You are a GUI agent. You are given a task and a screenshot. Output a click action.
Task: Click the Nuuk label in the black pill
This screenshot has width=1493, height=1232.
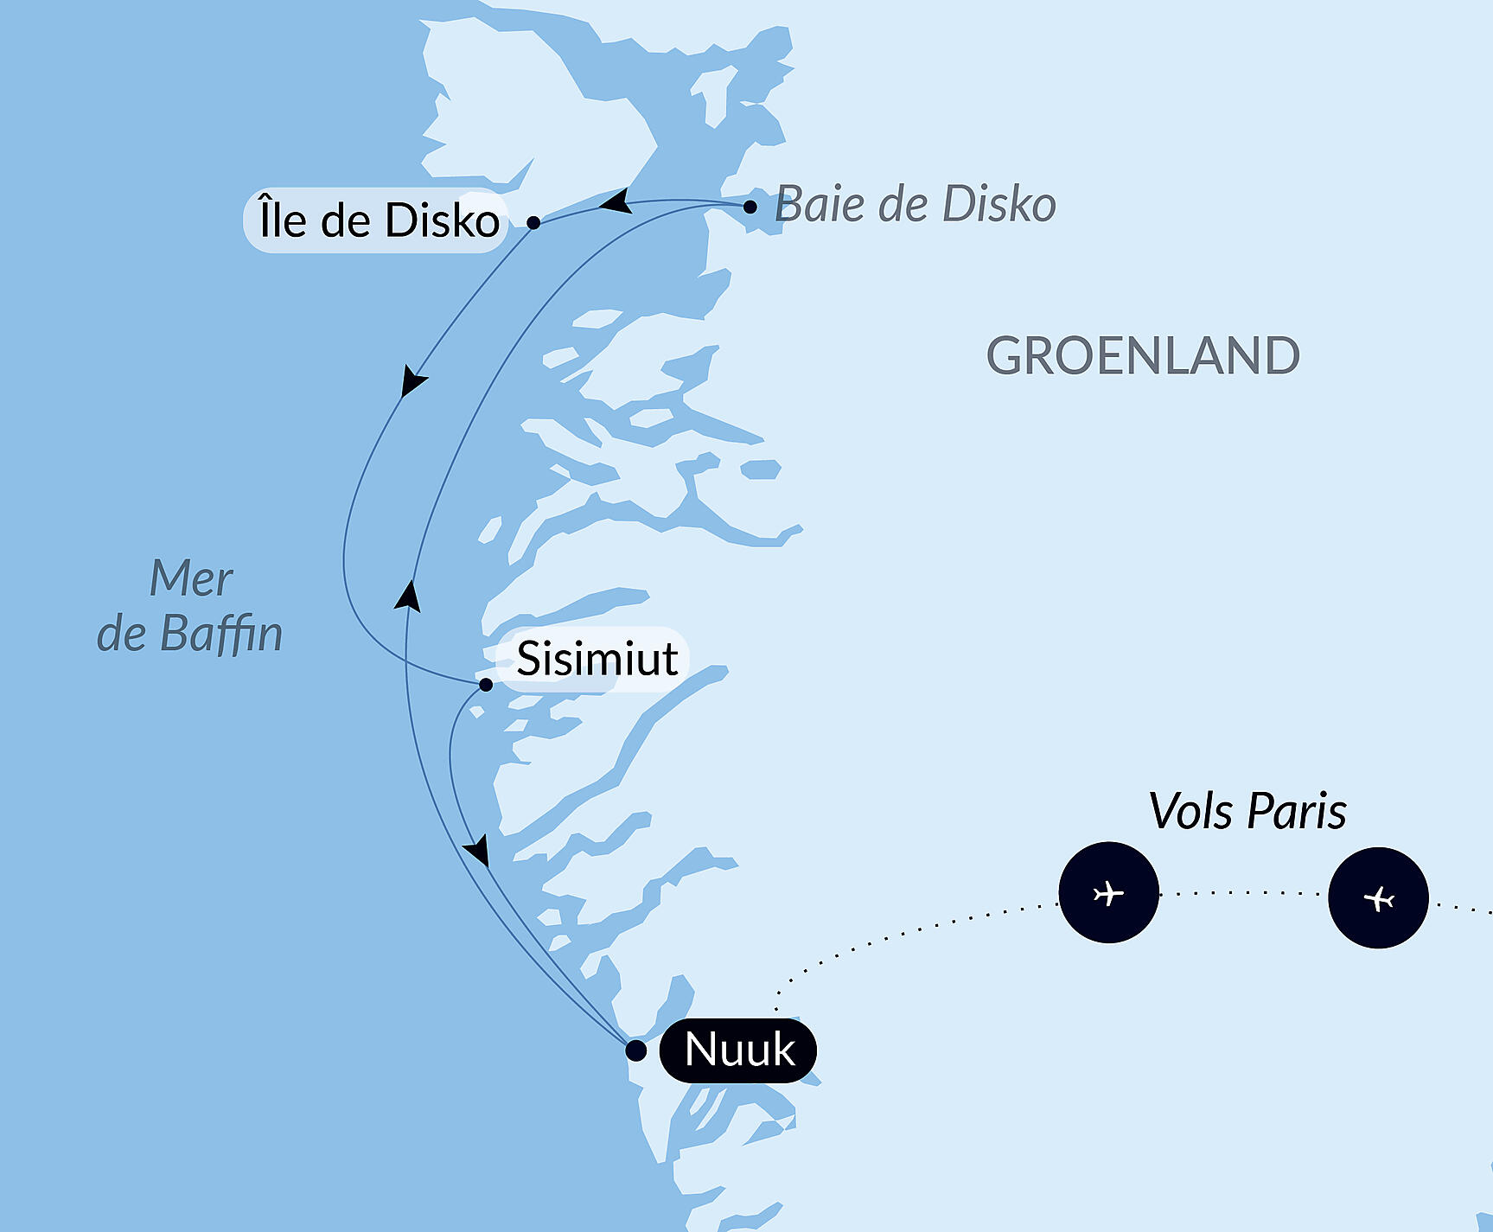pyautogui.click(x=738, y=1050)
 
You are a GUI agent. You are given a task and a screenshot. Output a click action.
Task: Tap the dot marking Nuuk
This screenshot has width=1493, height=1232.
pyautogui.click(x=635, y=1050)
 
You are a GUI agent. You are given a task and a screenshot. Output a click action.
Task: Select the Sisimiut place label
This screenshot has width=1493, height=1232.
pyautogui.click(x=597, y=659)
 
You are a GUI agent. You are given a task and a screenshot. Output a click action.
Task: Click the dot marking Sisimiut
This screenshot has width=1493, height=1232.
pyautogui.click(x=486, y=685)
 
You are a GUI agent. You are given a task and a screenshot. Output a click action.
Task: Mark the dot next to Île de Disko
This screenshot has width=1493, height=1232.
pyautogui.click(x=533, y=222)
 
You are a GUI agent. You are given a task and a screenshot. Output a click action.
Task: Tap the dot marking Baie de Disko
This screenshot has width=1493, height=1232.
pyautogui.click(x=750, y=207)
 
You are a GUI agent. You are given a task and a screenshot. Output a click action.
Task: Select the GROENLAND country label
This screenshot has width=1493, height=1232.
pyautogui.click(x=1142, y=355)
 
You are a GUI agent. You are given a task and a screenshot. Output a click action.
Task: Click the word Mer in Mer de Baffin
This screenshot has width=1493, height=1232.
pyautogui.click(x=191, y=578)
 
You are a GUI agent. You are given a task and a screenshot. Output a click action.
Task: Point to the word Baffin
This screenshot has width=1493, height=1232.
pyautogui.click(x=220, y=634)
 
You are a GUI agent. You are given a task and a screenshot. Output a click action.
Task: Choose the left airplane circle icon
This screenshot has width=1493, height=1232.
pyautogui.click(x=1108, y=892)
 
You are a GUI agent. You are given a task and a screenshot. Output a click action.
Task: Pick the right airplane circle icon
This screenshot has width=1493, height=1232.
pyautogui.click(x=1378, y=898)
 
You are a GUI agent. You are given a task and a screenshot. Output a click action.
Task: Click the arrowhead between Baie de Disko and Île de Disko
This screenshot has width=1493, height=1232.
pyautogui.click(x=616, y=202)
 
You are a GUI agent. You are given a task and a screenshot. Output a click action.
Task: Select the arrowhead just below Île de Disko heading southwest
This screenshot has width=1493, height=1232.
pyautogui.click(x=412, y=381)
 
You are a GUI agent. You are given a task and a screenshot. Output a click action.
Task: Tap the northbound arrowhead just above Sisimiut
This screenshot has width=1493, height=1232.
pyautogui.click(x=409, y=597)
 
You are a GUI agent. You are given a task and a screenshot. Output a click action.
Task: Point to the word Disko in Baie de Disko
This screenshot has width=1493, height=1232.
pyautogui.click(x=999, y=205)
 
